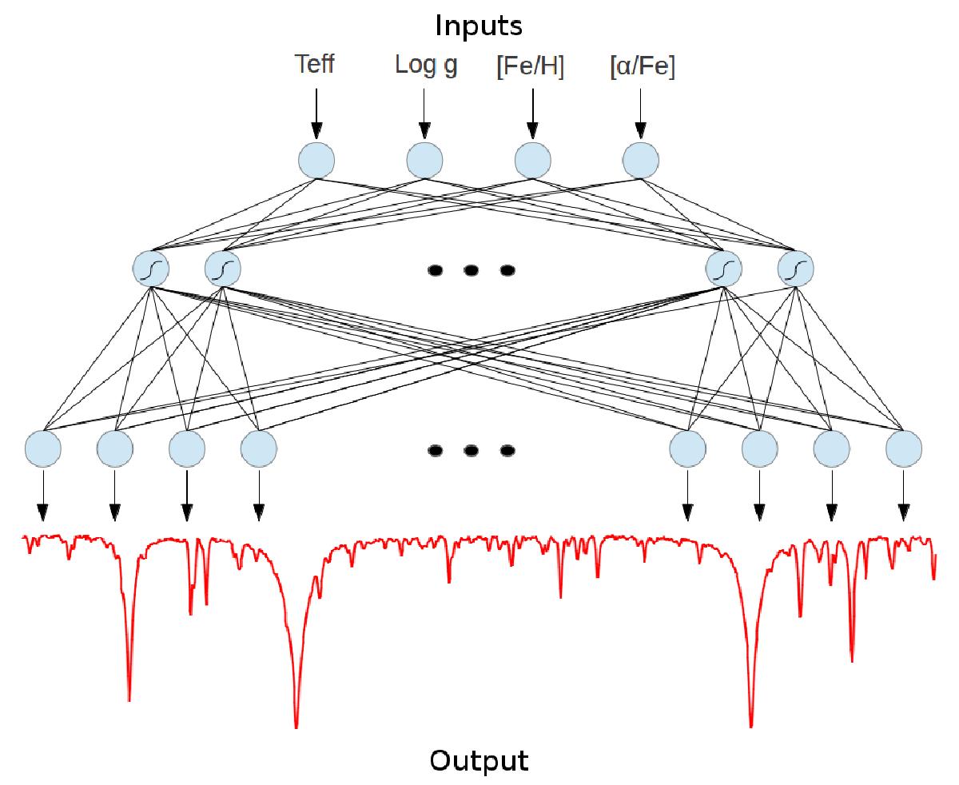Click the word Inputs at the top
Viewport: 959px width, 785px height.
[479, 26]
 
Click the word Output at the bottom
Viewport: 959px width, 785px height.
[479, 759]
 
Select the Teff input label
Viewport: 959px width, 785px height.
[315, 65]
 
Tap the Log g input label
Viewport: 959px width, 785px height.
[426, 66]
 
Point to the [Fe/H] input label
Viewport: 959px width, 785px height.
[531, 67]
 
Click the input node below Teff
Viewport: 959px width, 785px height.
[316, 160]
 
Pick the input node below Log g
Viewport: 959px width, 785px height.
[424, 160]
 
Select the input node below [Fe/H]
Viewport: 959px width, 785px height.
[532, 160]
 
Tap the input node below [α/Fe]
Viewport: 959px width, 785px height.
[640, 160]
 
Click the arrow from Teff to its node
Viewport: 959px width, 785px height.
[316, 111]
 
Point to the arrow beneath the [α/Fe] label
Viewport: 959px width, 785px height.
[640, 111]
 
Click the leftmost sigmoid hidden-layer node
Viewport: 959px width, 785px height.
[151, 269]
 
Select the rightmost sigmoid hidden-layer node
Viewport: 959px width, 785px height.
[795, 269]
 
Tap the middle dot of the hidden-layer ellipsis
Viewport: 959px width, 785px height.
[471, 270]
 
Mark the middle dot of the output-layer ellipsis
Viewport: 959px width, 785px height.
[471, 451]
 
